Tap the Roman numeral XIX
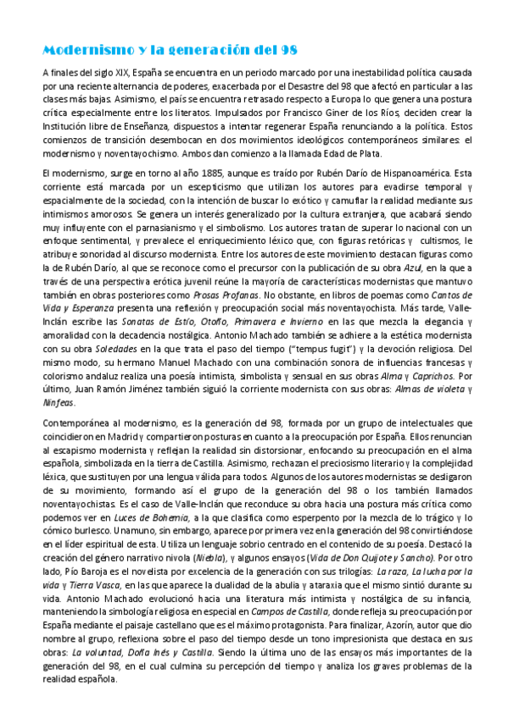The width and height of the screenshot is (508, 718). pyautogui.click(x=124, y=74)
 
